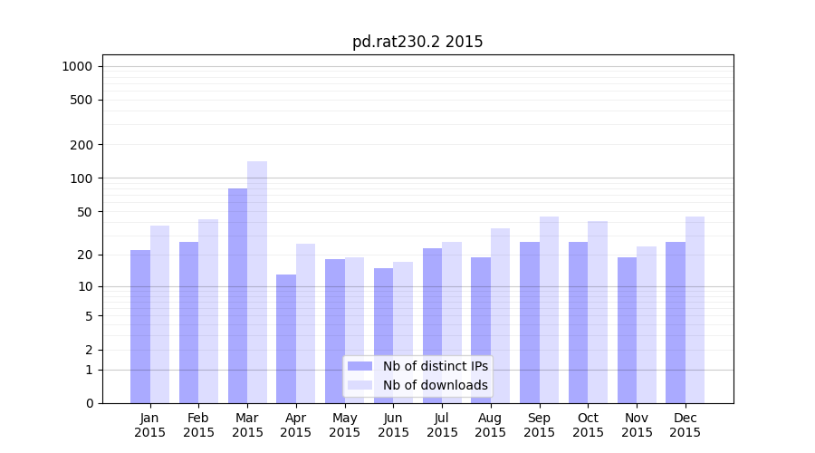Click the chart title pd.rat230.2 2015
417,42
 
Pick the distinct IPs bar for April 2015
286,339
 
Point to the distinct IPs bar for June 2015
384,335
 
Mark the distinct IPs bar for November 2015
627,330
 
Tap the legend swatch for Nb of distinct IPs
360,366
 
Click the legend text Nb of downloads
436,385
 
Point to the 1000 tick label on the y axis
77,66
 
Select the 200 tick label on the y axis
81,145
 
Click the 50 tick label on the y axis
85,212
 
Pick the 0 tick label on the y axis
89,403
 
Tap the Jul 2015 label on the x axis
442,425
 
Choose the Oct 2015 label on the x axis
588,425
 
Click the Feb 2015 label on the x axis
198,425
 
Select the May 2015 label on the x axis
344,425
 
